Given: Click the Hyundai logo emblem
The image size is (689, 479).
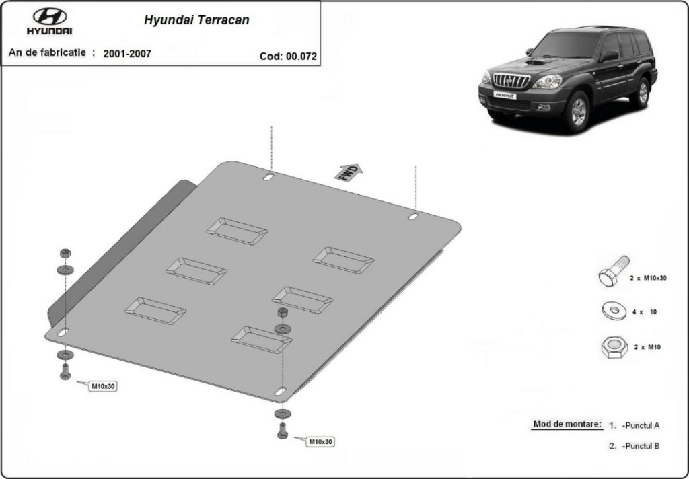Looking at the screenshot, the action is pos(50,17).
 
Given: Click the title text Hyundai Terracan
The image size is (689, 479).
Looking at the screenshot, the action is pos(196,20).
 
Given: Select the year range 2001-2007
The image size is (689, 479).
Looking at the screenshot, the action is pos(127,54).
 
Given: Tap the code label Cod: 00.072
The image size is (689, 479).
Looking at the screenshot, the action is pos(288,57).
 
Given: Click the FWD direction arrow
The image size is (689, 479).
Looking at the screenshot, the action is pos(349,172).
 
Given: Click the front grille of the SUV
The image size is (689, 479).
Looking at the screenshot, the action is pos(511,81).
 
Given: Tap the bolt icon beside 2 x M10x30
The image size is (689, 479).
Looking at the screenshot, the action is pos(614,271).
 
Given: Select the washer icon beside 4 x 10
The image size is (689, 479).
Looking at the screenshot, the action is pos(614,311).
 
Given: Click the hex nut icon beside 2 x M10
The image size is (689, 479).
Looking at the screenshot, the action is pos(614,346).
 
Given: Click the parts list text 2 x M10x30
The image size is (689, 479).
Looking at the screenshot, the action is pos(648,278).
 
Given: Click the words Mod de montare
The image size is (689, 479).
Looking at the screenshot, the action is pos(567,424).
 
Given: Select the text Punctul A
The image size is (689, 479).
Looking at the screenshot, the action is pos(641,425).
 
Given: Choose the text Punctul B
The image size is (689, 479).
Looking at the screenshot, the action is pos(641,446).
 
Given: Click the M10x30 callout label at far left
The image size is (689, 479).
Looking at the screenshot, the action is pos(102,386).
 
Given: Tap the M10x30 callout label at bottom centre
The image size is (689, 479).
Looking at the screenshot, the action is pos(320,441).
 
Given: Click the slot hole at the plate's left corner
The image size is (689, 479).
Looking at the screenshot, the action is pos(63,332).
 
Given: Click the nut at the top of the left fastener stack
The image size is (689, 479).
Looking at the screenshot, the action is pos(65,253).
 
